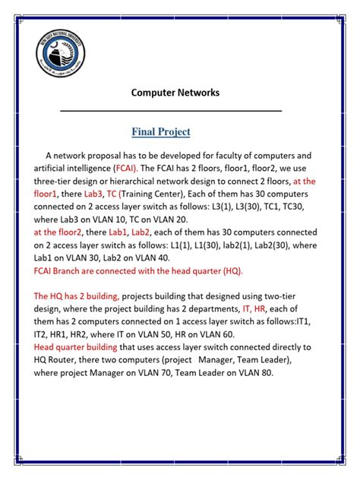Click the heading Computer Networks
point(175,93)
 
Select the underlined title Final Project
point(161,131)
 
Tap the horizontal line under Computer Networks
point(171,112)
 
